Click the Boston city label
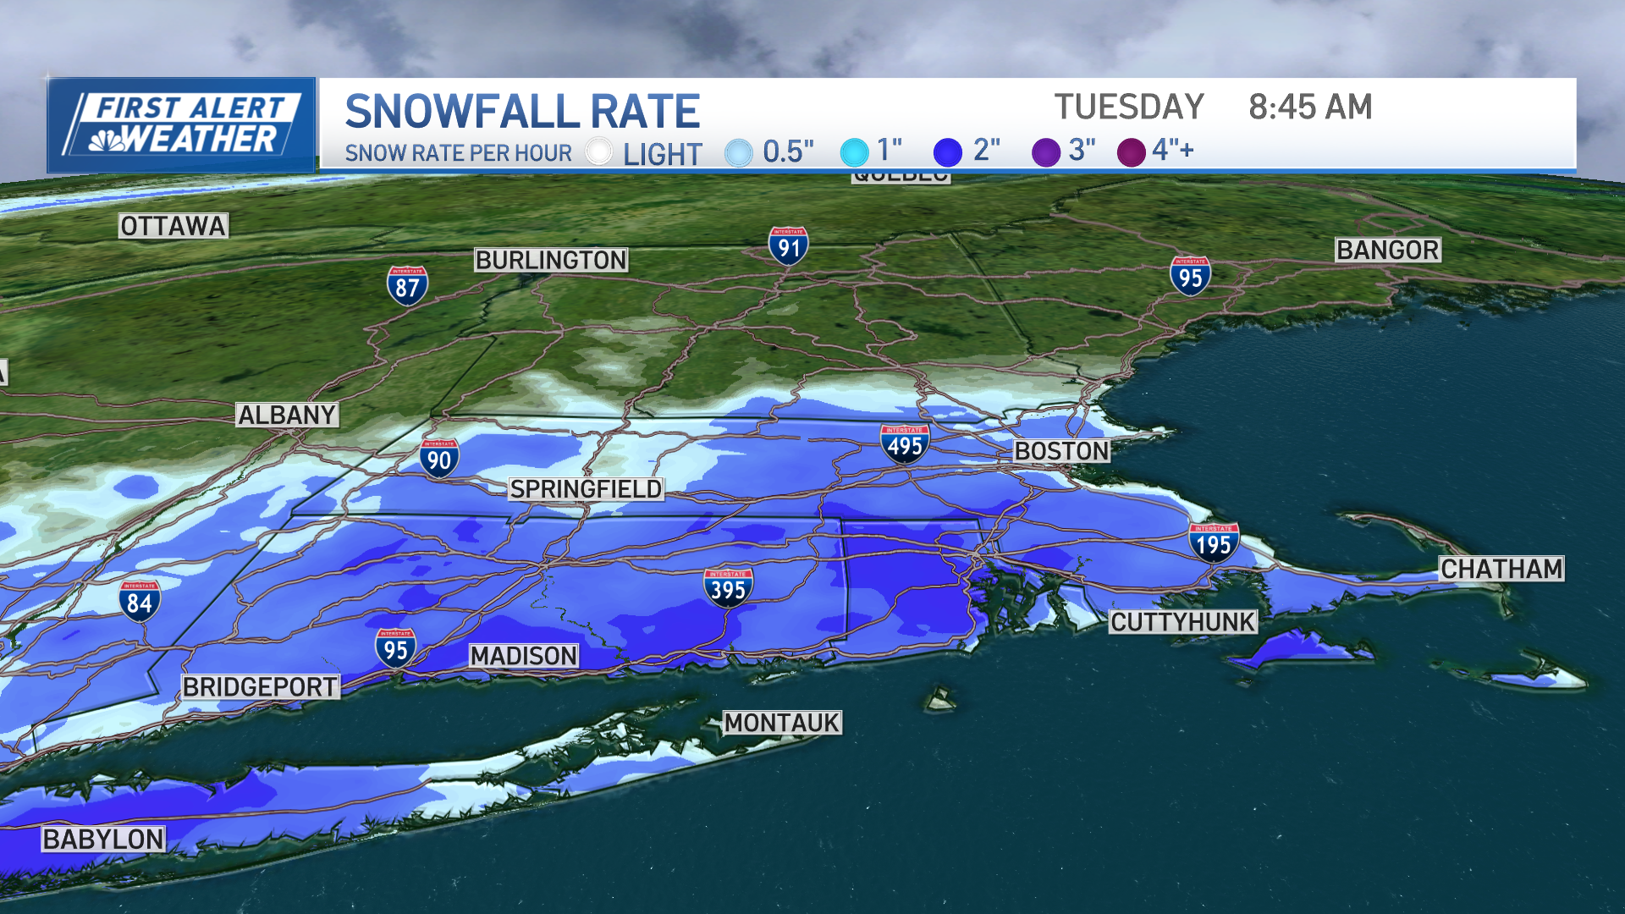(x=1061, y=451)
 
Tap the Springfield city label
(x=586, y=489)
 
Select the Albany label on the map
(x=287, y=415)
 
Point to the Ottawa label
(x=173, y=226)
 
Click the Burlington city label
(x=551, y=260)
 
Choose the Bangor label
(x=1387, y=250)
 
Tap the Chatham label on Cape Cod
(x=1501, y=569)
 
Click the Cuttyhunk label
(x=1182, y=622)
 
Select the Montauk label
(x=782, y=723)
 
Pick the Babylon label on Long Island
(x=103, y=839)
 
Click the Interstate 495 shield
(x=905, y=444)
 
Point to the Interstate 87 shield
(x=407, y=286)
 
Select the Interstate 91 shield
(x=789, y=246)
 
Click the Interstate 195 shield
(x=1214, y=542)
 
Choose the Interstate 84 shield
(x=140, y=601)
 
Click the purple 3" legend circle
(x=1046, y=152)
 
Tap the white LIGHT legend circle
(x=599, y=151)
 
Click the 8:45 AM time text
(x=1309, y=107)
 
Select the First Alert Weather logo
(x=181, y=125)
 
